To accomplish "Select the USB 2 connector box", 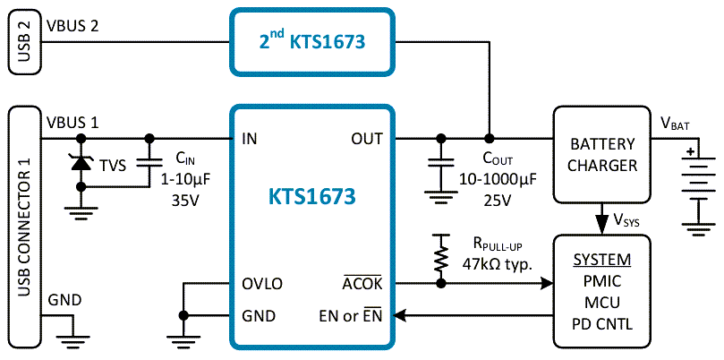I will coord(23,41).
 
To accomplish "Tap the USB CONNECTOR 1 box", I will coord(23,228).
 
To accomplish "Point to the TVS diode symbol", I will coord(81,163).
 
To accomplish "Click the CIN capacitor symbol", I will coord(149,164).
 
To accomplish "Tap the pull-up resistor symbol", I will coord(439,259).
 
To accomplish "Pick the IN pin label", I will coord(251,139).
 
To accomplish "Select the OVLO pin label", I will coord(262,284).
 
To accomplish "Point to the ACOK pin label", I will coord(362,284).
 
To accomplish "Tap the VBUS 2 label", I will coord(71,27).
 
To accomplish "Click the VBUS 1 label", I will coord(71,121).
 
